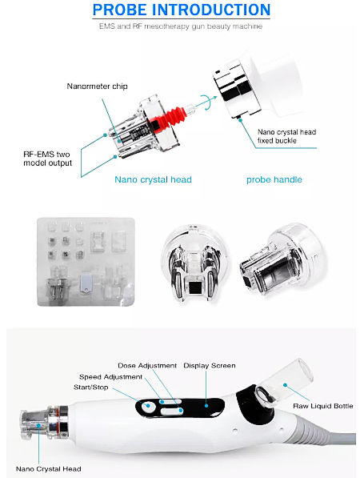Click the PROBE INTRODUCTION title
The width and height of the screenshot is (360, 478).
coord(180,10)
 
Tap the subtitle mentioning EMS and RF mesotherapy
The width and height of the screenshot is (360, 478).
coord(180,26)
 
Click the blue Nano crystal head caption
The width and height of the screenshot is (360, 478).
coord(153,179)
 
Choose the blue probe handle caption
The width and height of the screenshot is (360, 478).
coord(274,179)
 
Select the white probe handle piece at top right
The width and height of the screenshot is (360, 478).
coord(256,88)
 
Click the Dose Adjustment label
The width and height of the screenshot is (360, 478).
coord(146,366)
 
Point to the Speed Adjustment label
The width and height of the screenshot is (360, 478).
coord(111,376)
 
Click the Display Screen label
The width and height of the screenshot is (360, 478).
coord(210,366)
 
